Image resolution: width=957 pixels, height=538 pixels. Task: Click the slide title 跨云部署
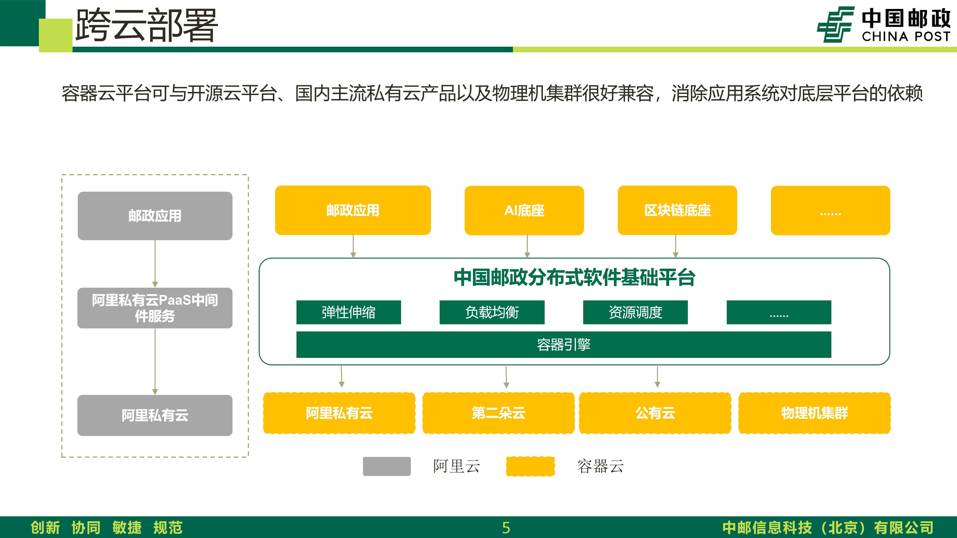(147, 25)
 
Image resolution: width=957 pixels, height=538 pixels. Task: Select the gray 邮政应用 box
(155, 216)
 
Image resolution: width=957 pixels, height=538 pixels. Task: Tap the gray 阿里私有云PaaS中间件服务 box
(155, 308)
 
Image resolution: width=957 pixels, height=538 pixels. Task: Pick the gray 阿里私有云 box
(155, 415)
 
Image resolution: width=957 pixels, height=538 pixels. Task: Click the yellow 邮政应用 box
(353, 210)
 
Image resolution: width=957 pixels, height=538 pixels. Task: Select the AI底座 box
(524, 210)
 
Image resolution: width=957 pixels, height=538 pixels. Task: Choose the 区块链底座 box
(677, 210)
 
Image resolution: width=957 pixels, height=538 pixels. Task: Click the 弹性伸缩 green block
(349, 312)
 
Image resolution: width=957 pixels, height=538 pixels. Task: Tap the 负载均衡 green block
(492, 312)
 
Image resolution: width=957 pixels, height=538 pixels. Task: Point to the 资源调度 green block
(636, 312)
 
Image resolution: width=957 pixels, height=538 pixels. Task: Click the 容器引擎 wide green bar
(564, 344)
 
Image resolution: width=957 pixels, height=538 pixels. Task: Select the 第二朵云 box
(499, 413)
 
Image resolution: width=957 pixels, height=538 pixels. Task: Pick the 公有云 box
(655, 413)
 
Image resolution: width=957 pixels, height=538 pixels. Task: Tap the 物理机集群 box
(815, 413)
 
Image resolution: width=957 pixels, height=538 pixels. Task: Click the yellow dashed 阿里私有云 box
(339, 413)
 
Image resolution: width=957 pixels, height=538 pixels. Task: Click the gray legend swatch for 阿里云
(387, 466)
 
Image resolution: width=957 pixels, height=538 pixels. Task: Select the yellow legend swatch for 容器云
(530, 466)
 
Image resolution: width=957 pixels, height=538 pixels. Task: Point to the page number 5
(506, 528)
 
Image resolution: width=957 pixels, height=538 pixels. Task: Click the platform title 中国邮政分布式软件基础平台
(575, 278)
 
